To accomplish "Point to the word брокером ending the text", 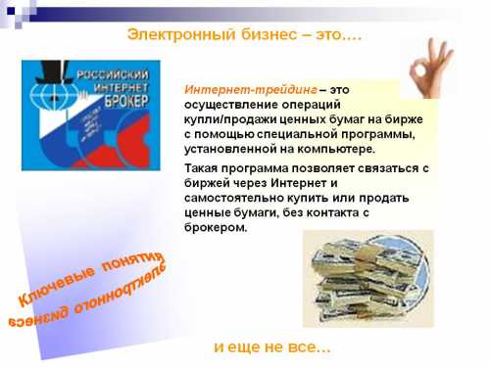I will point(215,227).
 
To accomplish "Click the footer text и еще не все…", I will point(272,347).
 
